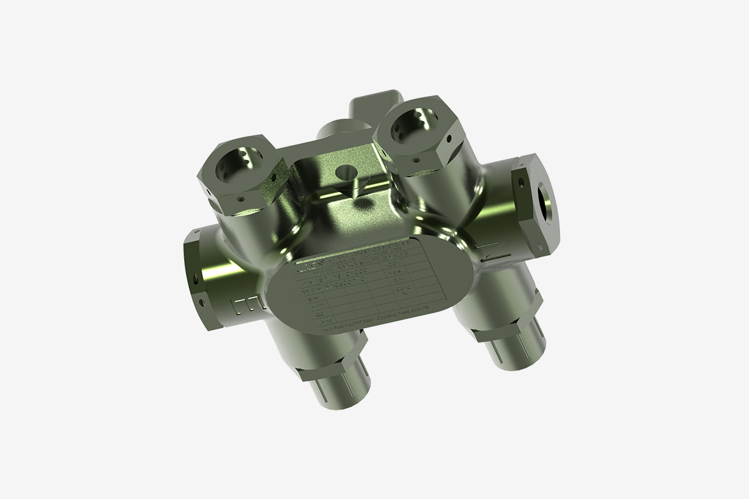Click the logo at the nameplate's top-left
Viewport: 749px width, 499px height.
[304, 268]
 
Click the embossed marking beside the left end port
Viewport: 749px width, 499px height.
[247, 306]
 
